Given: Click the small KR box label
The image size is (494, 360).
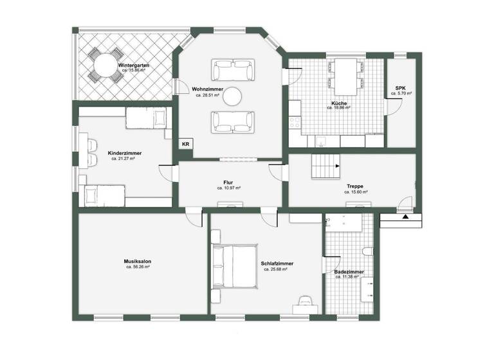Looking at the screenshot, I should click(185, 144).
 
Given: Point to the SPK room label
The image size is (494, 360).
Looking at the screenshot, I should click(400, 87).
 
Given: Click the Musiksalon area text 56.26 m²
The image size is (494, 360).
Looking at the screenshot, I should click(138, 267).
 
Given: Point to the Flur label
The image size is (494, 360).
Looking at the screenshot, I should click(228, 182).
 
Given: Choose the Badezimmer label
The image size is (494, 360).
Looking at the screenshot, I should click(349, 272).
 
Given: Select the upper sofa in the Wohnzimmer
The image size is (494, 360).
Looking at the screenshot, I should click(233, 67).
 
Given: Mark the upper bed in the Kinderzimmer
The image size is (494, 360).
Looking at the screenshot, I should click(145, 118).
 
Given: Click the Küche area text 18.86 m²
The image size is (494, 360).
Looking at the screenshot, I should click(338, 108).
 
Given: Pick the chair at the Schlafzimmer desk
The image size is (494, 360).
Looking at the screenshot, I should click(306, 301).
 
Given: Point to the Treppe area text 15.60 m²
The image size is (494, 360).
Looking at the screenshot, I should click(356, 192).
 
